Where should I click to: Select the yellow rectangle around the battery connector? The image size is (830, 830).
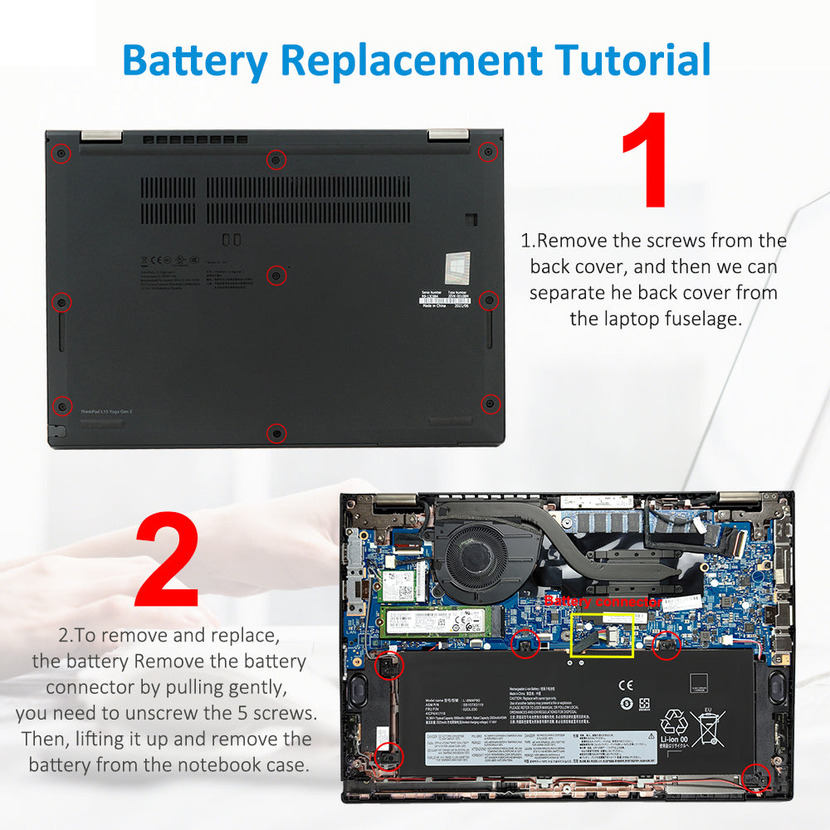pyautogui.click(x=603, y=635)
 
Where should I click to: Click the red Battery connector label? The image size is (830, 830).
pyautogui.click(x=603, y=601)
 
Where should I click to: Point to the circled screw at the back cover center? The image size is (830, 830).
pyautogui.click(x=277, y=275)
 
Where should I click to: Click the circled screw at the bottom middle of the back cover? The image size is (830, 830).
pyautogui.click(x=277, y=432)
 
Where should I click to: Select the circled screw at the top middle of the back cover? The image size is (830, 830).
pyautogui.click(x=277, y=159)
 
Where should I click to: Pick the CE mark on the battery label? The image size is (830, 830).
pyautogui.click(x=626, y=686)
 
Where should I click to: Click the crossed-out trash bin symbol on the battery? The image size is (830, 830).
pyautogui.click(x=708, y=726)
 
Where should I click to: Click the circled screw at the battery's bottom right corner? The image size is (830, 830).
pyautogui.click(x=757, y=777)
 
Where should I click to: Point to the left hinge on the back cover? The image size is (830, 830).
pyautogui.click(x=101, y=135)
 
